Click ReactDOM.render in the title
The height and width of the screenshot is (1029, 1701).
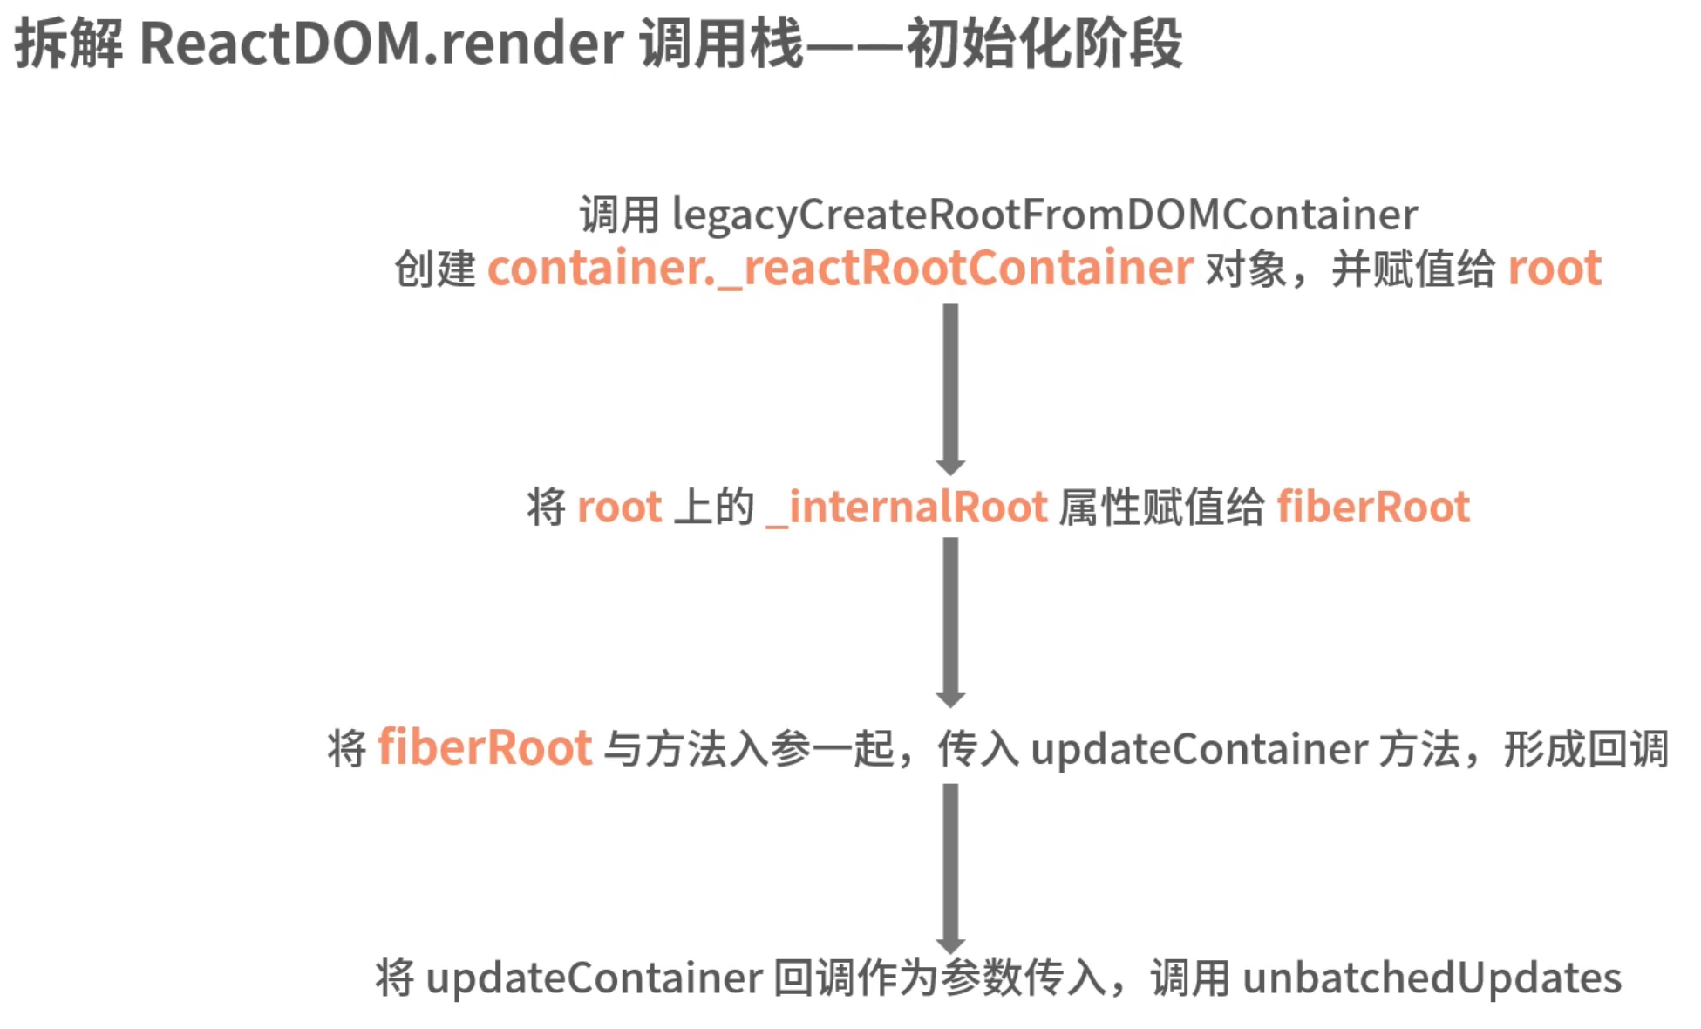381,44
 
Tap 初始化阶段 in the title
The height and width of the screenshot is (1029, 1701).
1044,44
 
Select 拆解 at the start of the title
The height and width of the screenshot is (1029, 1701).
69,44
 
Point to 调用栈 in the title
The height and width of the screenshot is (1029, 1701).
721,44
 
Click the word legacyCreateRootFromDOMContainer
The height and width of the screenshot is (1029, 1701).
1044,215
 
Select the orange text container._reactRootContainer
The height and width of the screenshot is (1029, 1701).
840,268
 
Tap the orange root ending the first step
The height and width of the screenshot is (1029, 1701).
1555,268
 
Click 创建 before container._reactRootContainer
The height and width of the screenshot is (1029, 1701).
435,268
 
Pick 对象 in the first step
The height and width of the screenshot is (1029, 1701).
1246,268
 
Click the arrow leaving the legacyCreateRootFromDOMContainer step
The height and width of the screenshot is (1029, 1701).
950,388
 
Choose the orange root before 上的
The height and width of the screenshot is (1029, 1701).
619,508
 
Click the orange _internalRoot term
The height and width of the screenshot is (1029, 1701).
907,508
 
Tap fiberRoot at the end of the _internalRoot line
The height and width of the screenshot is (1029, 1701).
1373,508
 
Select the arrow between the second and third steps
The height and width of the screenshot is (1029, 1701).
950,621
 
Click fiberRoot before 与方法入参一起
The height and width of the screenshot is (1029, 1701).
485,748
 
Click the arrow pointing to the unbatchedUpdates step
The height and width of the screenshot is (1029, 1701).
950,868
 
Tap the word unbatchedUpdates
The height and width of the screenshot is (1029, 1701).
1432,978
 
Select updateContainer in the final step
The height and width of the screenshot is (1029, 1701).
595,978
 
